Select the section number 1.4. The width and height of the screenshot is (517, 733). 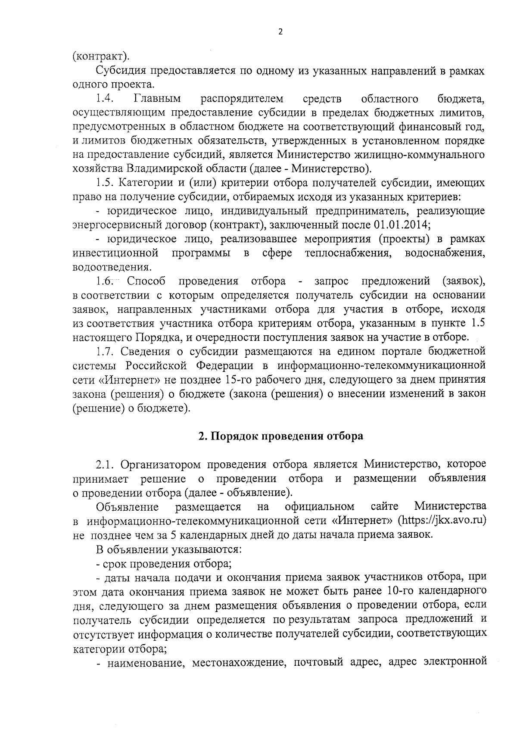pos(105,99)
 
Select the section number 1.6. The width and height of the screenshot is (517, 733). pos(105,281)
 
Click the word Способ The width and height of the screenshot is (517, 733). pos(146,281)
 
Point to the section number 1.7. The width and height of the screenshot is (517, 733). pos(105,351)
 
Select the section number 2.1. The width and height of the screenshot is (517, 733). pos(105,464)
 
